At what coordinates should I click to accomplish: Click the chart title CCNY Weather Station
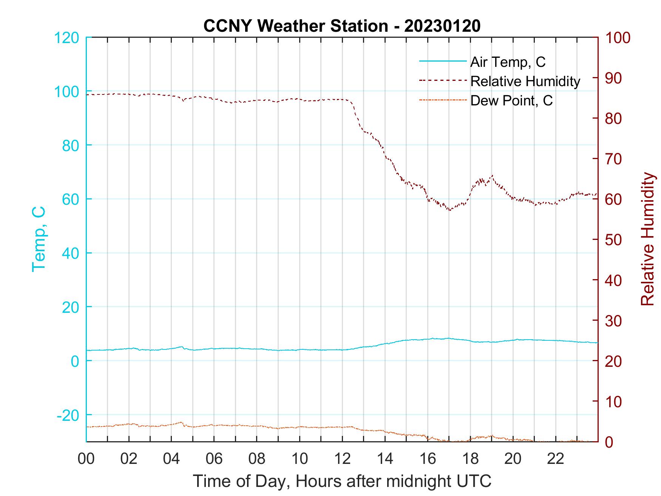(342, 26)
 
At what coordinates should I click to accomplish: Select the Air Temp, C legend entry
(508, 62)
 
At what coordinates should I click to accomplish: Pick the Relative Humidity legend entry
(525, 81)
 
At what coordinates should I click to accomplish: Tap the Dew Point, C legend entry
(511, 100)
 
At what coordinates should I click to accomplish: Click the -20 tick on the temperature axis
(68, 415)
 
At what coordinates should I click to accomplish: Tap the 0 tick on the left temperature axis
(76, 361)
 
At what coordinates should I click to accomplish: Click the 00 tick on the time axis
(86, 459)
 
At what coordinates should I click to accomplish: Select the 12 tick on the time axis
(342, 459)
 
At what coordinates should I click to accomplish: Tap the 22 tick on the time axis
(556, 459)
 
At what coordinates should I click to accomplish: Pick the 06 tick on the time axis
(214, 459)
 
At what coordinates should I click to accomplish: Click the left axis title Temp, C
(39, 239)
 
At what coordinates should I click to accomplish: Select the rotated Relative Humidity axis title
(647, 239)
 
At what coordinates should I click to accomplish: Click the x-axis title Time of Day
(342, 481)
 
